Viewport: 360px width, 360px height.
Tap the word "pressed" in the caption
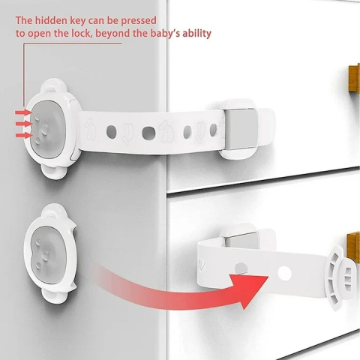139,21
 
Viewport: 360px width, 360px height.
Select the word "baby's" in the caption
165,34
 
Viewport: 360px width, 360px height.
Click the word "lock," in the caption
81,34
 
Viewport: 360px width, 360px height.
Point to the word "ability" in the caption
196,34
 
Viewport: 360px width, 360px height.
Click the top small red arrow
23,112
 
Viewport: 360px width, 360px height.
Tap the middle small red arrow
24,124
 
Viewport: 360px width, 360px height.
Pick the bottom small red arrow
24,135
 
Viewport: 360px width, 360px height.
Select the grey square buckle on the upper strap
241,129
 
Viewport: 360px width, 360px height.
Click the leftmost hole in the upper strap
112,132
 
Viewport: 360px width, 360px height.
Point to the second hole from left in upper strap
148,133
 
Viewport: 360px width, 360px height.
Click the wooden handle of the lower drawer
355,247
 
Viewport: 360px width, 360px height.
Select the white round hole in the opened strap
284,273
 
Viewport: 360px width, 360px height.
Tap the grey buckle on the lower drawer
241,240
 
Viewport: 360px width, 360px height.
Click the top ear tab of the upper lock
53,85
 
